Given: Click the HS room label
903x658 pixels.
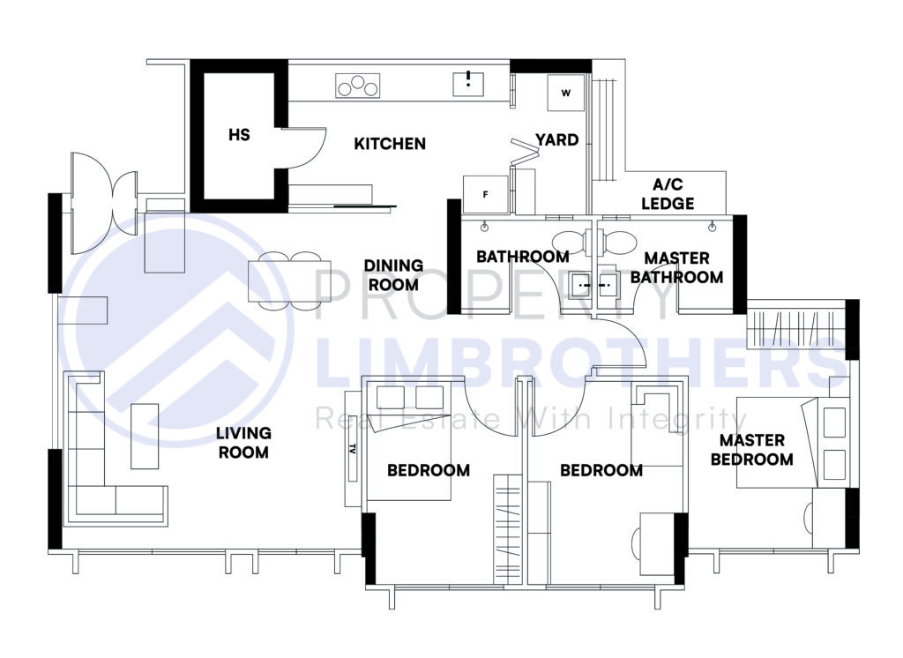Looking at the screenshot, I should pyautogui.click(x=239, y=135).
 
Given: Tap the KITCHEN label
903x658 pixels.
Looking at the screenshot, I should pyautogui.click(x=390, y=144).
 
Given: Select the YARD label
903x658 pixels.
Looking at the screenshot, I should pyautogui.click(x=557, y=139).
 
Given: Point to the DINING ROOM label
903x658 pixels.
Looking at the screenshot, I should pyautogui.click(x=393, y=275).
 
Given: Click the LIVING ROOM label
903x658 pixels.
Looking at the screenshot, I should pyautogui.click(x=243, y=443).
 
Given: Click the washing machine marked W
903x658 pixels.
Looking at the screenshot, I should pyautogui.click(x=566, y=93).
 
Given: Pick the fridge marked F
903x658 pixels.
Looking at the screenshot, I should pyautogui.click(x=485, y=194).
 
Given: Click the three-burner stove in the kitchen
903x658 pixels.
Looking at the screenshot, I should pyautogui.click(x=357, y=86).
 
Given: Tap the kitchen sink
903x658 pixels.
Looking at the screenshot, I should pyautogui.click(x=468, y=84).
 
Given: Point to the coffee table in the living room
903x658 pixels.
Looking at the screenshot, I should pyautogui.click(x=145, y=436).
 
